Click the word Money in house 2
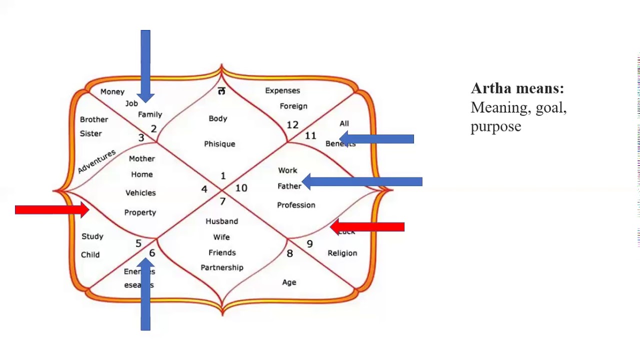coord(112,92)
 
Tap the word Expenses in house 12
coord(282,90)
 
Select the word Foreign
coord(293,106)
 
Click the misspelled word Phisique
coord(219,144)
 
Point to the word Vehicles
coord(140,193)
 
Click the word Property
coord(140,212)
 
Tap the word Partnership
coord(222,267)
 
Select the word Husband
coord(221,221)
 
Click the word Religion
coord(342,253)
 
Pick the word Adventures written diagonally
coord(96,161)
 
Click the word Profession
coord(296,205)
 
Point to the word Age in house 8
coord(289,282)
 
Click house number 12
coord(292,125)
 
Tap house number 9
coord(309,244)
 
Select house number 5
coord(138,243)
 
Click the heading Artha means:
coord(517,88)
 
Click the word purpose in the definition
coord(495,126)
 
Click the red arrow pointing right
coord(51,210)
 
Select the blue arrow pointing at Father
coord(362,182)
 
